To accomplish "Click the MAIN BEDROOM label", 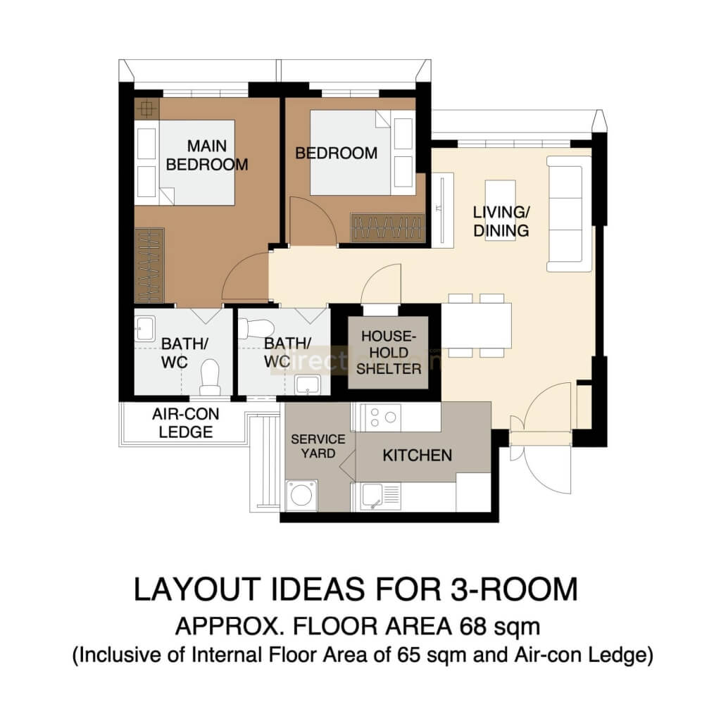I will [x=207, y=155].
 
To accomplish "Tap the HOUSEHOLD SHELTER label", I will [x=389, y=353].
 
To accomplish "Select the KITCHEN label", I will [x=417, y=456].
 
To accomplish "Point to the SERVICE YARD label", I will [x=318, y=446].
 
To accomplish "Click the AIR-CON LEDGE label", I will [x=182, y=423].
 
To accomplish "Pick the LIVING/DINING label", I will [x=501, y=221].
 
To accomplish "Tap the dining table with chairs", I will [x=476, y=326].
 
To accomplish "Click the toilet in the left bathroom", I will [x=210, y=378].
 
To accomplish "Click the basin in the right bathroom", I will [x=307, y=384].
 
